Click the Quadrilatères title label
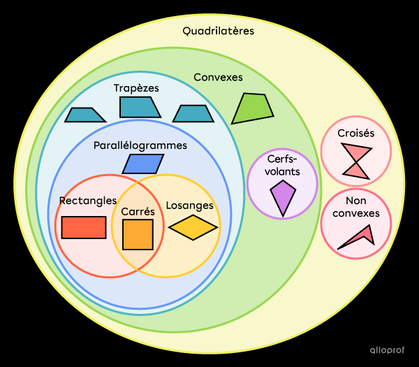coord(218,31)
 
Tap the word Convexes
coord(218,77)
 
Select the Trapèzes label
coord(136,88)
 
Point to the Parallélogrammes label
coord(140,145)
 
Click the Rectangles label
coord(87,201)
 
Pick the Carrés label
coord(138,210)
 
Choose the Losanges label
coord(189,206)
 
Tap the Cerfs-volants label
coord(283,164)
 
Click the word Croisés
coord(356,133)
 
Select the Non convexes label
coord(356,208)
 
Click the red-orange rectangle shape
coord(84,227)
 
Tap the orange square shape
coord(138,234)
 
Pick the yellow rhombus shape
coord(193,227)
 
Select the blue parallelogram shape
coord(142,164)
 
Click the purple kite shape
coord(283,197)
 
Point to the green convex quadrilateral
coord(253,108)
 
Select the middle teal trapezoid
coord(140,107)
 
